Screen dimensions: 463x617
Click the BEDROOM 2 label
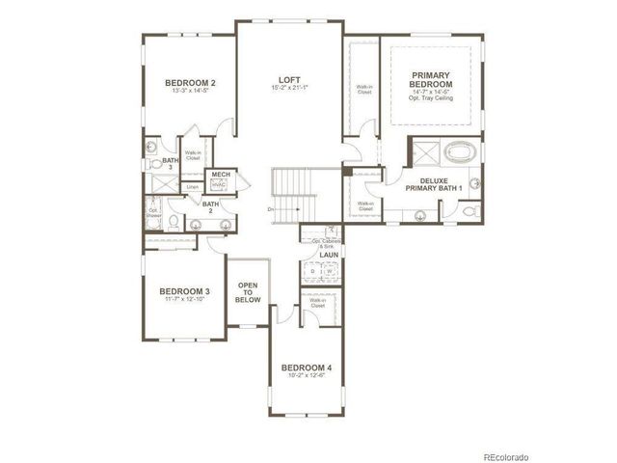[189, 84]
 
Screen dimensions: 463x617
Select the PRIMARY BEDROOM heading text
[433, 80]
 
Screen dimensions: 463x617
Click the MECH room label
[221, 175]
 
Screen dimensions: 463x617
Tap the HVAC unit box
[221, 185]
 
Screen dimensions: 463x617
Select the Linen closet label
[193, 186]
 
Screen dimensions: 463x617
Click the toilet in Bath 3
[151, 148]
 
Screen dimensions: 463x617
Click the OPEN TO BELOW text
[248, 292]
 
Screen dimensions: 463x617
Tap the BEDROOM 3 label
[184, 291]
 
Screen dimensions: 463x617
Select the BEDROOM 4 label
[306, 368]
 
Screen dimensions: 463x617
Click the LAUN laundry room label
[329, 255]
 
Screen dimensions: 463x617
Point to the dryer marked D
[315, 272]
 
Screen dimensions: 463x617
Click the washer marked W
[329, 272]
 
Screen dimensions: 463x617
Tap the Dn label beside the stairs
[272, 209]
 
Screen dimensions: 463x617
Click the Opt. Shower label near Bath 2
[153, 212]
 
